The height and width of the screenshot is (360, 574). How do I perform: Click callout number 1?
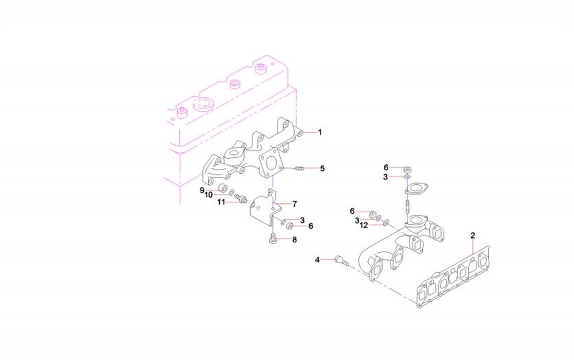(x=320, y=132)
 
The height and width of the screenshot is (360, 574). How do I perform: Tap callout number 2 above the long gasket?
(x=473, y=235)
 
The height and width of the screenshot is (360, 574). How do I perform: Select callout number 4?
(x=317, y=260)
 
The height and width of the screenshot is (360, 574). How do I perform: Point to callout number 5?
(x=322, y=168)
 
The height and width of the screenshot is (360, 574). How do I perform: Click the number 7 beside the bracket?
(x=294, y=204)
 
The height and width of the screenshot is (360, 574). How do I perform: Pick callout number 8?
(x=294, y=240)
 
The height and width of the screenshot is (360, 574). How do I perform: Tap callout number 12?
(x=363, y=226)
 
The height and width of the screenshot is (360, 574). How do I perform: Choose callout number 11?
(x=221, y=202)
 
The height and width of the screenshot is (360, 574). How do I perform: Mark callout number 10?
(x=209, y=195)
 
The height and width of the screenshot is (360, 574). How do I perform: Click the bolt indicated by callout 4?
(x=341, y=261)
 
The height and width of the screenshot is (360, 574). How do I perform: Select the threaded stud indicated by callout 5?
(x=300, y=168)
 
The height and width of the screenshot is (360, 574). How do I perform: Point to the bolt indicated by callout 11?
(x=241, y=198)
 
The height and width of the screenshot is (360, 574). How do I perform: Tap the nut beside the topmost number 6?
(x=406, y=170)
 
